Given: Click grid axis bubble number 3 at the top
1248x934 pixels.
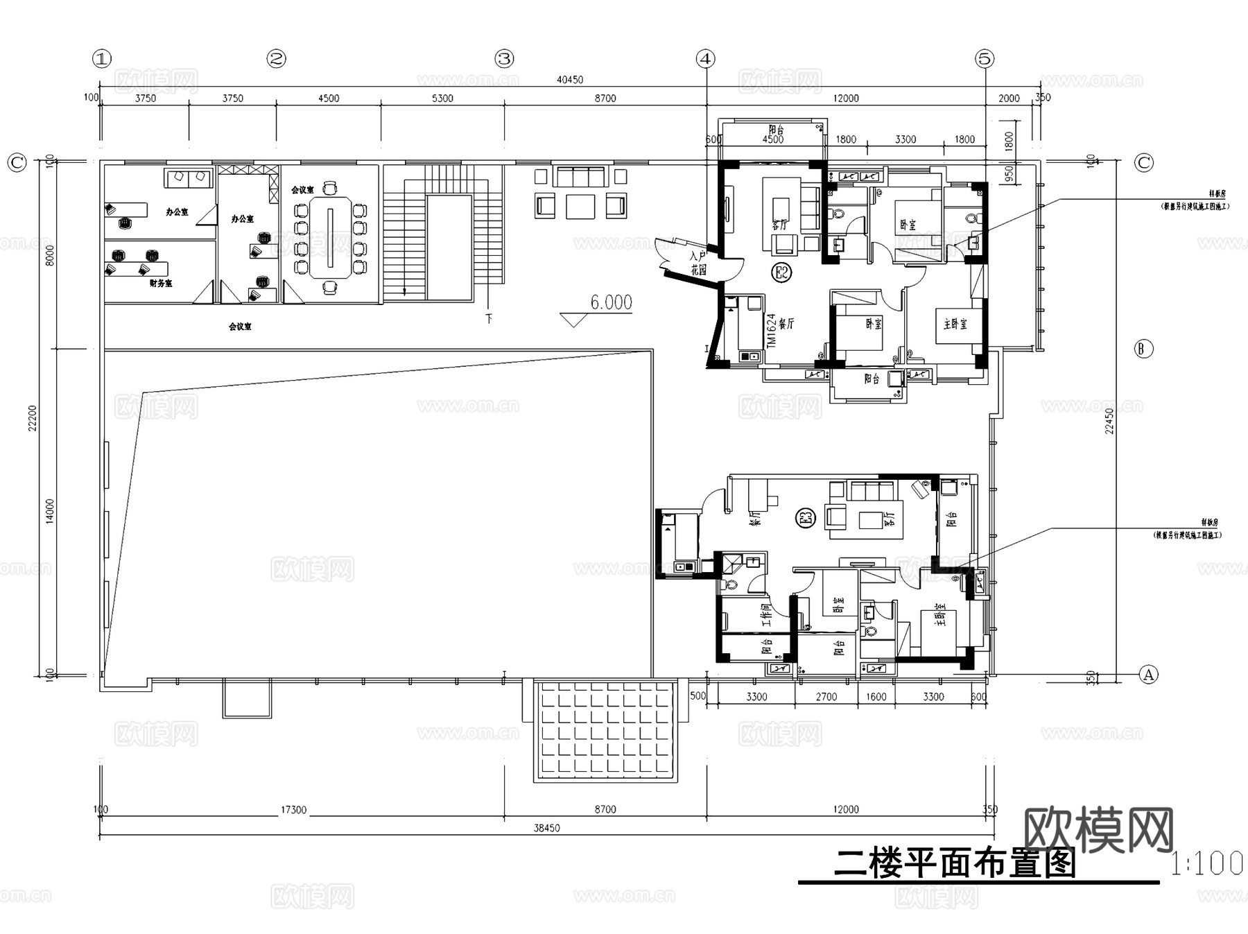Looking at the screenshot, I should click(x=504, y=59).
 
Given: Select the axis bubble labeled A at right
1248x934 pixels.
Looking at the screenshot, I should click(x=1149, y=674).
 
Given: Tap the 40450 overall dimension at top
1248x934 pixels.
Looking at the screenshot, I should click(x=570, y=80).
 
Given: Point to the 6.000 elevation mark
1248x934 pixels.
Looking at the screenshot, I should click(x=610, y=303).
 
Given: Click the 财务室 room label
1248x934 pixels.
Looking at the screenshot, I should click(x=161, y=284).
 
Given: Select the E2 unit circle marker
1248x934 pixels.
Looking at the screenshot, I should click(x=781, y=273).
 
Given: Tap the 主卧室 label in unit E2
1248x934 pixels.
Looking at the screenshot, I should click(x=955, y=324).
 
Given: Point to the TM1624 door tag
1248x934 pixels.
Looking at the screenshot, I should click(x=771, y=331).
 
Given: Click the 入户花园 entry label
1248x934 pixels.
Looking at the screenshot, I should click(x=697, y=263).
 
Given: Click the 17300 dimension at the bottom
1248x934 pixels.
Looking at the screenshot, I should click(x=293, y=809).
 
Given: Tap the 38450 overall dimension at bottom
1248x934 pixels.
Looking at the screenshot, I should click(x=546, y=828).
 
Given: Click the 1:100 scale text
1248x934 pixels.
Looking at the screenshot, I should click(x=1206, y=864).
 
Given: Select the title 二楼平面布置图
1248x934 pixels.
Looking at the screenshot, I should click(x=954, y=864).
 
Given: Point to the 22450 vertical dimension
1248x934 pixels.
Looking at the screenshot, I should click(x=1109, y=421).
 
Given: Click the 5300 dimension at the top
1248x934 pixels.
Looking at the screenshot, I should click(x=442, y=98).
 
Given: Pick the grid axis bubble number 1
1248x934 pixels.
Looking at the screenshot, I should click(x=102, y=59).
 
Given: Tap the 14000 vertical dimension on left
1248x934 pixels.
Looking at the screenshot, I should click(x=50, y=511).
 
